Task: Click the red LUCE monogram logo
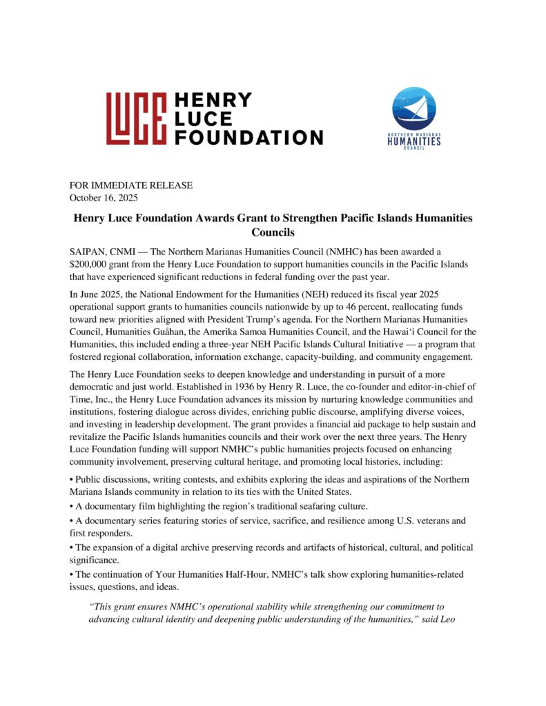pyautogui.click(x=137, y=119)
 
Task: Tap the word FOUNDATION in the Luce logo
pyautogui.click(x=248, y=137)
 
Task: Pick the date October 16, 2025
pyautogui.click(x=104, y=197)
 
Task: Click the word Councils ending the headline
pyautogui.click(x=273, y=233)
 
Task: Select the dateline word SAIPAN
pyautogui.click(x=88, y=252)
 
